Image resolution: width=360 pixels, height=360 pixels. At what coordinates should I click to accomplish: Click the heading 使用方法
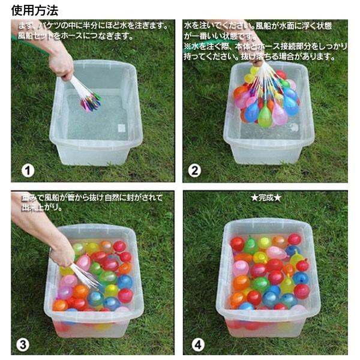click(x=35, y=10)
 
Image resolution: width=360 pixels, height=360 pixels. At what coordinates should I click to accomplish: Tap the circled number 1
click(x=28, y=170)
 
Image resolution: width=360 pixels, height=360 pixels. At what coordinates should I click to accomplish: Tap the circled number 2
click(x=194, y=170)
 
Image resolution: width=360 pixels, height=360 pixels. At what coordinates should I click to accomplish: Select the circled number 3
click(x=23, y=344)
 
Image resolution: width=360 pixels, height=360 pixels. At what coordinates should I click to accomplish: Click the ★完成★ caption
click(x=265, y=197)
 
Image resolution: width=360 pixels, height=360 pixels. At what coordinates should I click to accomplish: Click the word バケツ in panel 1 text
click(x=51, y=25)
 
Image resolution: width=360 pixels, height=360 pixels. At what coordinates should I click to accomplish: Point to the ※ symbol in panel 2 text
click(x=187, y=46)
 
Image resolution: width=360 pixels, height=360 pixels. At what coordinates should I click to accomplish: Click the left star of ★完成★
click(x=253, y=197)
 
